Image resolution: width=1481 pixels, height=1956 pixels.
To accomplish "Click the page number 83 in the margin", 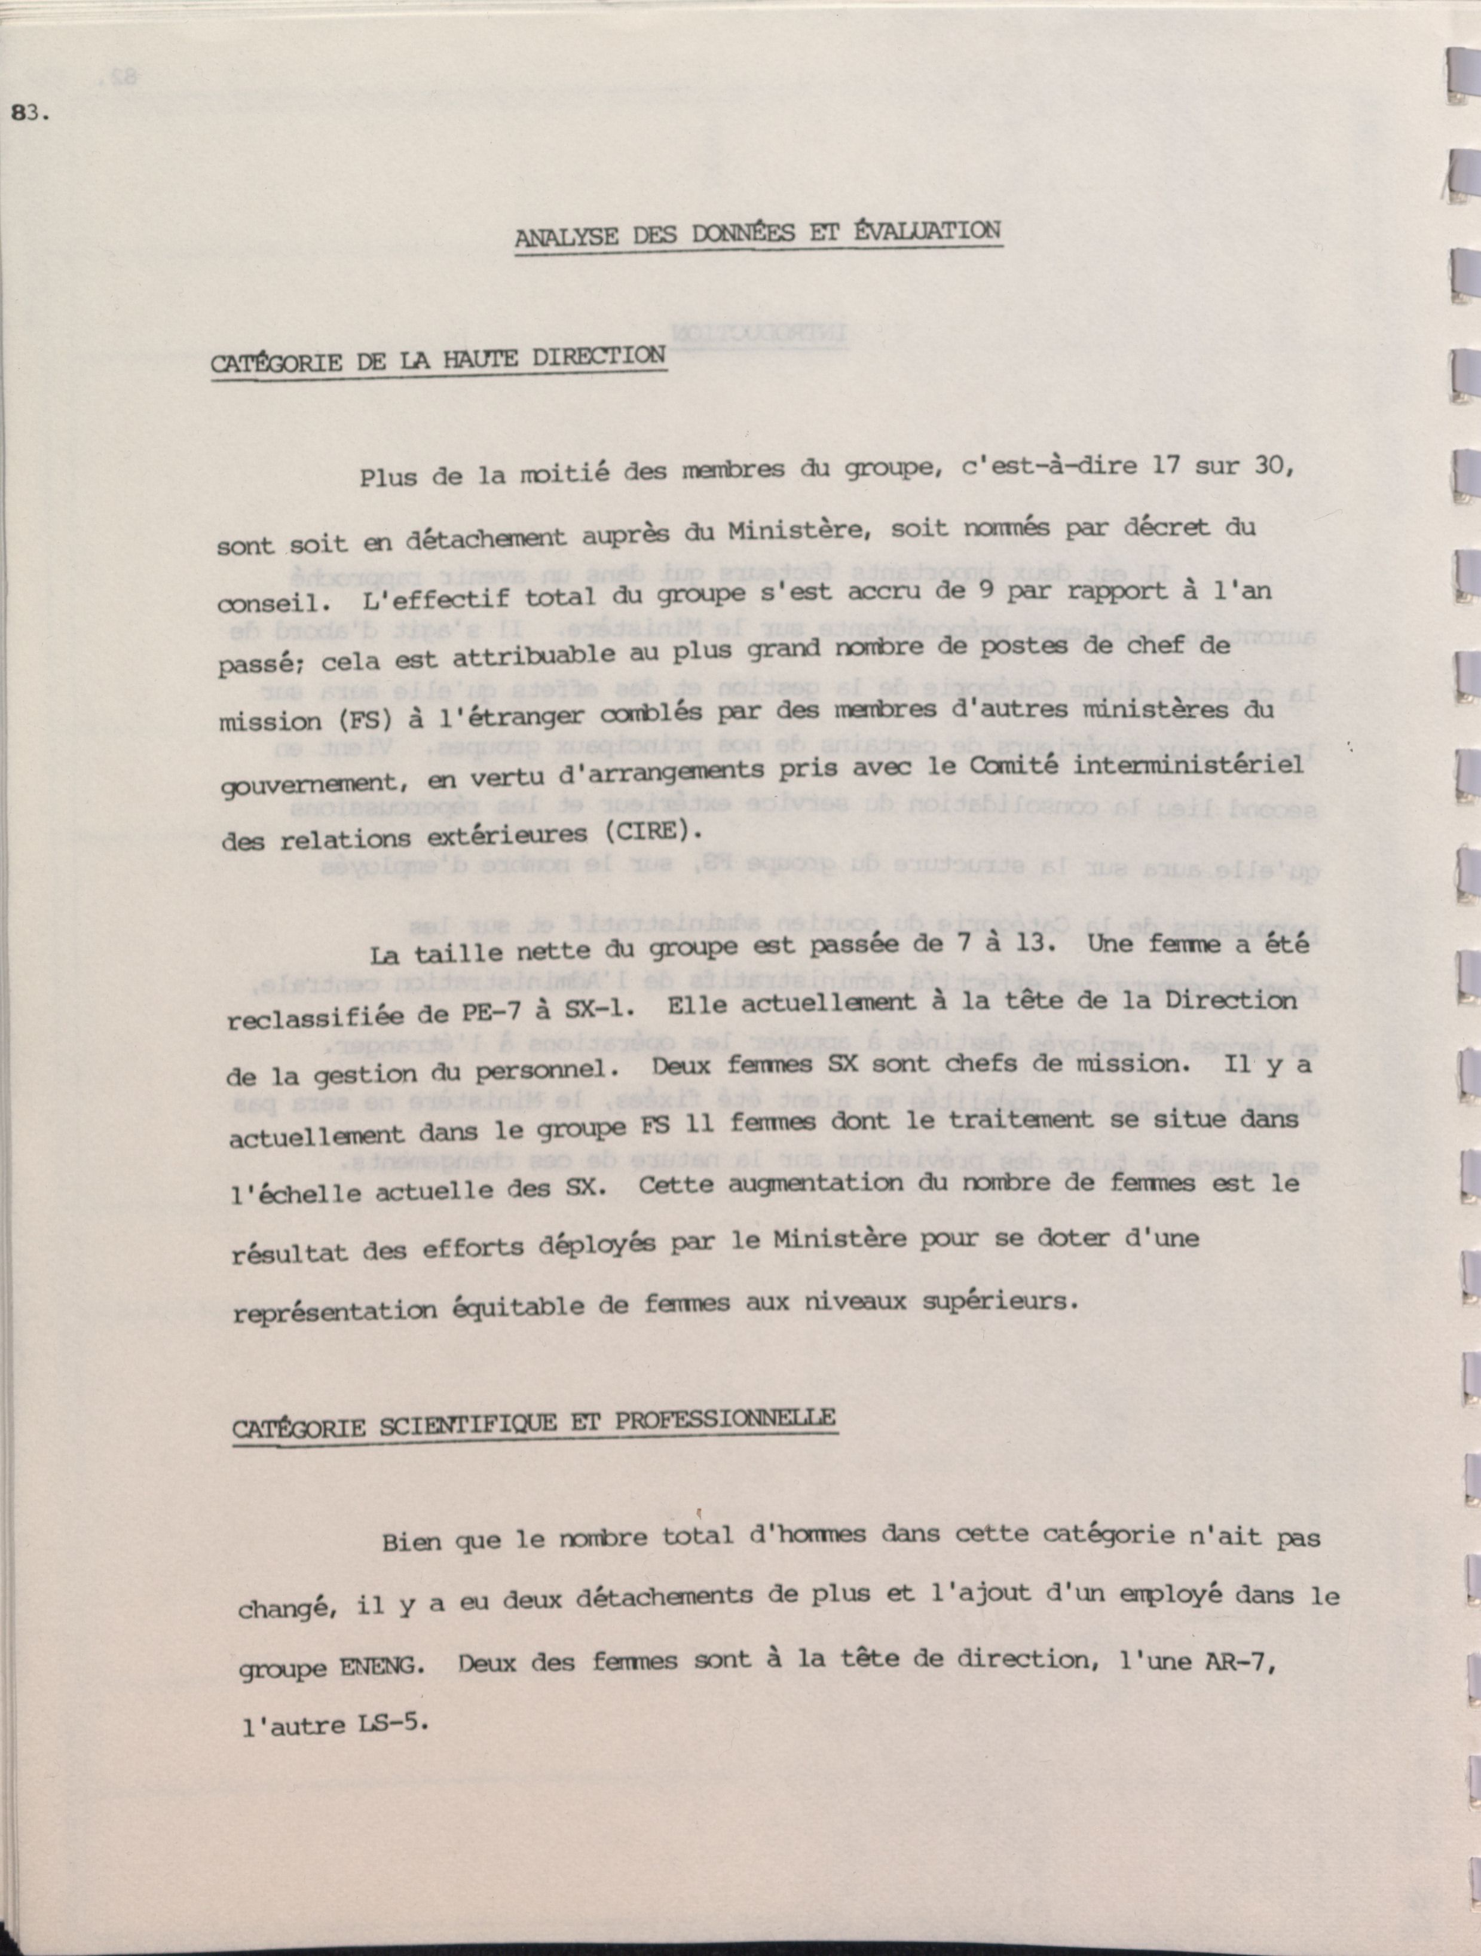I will [30, 113].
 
